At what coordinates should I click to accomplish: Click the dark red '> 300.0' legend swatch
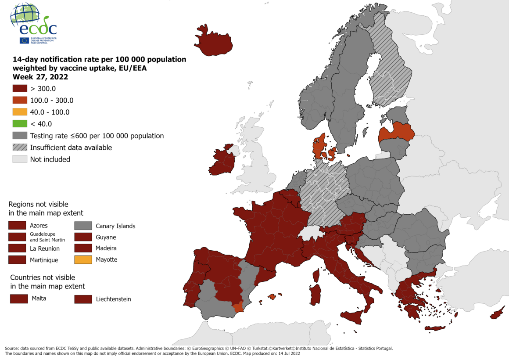pos(20,88)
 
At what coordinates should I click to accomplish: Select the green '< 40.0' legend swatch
pos(20,124)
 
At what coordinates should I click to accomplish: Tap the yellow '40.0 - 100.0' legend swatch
pos(20,112)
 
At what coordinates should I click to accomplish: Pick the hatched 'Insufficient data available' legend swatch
pos(20,148)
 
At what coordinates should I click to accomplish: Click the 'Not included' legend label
pos(50,159)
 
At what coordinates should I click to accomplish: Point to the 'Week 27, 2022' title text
pos(40,77)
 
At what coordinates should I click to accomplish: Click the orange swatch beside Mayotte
pos(83,259)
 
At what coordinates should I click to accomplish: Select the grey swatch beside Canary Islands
pos(83,226)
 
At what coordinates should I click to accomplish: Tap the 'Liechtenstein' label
pos(113,299)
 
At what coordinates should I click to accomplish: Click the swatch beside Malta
pos(19,299)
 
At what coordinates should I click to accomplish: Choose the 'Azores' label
pos(39,226)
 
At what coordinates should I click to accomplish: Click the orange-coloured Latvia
pos(397,132)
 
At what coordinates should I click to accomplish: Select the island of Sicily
pos(355,316)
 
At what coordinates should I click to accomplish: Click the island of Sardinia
pos(315,294)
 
